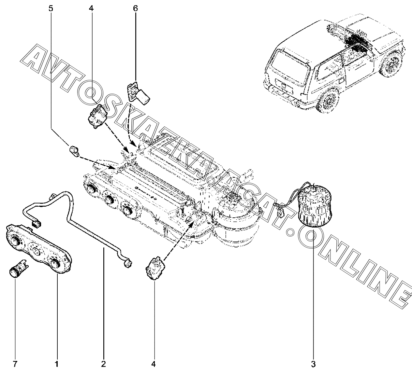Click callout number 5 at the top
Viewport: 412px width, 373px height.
coord(51,8)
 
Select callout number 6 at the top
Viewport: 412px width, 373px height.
coord(135,8)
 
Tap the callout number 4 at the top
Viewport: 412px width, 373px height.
coord(91,8)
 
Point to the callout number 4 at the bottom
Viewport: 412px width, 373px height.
coord(154,364)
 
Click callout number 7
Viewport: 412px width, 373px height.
coord(15,364)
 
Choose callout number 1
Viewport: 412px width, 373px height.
coord(57,364)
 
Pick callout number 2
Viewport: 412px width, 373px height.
coord(103,364)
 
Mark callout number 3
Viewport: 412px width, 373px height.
coord(313,364)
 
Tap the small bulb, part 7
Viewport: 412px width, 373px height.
coord(19,269)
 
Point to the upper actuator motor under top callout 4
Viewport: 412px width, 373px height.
coord(97,116)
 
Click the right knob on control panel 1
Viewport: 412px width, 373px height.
coord(55,263)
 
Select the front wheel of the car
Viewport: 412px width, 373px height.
coord(391,64)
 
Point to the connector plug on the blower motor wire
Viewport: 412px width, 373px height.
coord(280,214)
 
